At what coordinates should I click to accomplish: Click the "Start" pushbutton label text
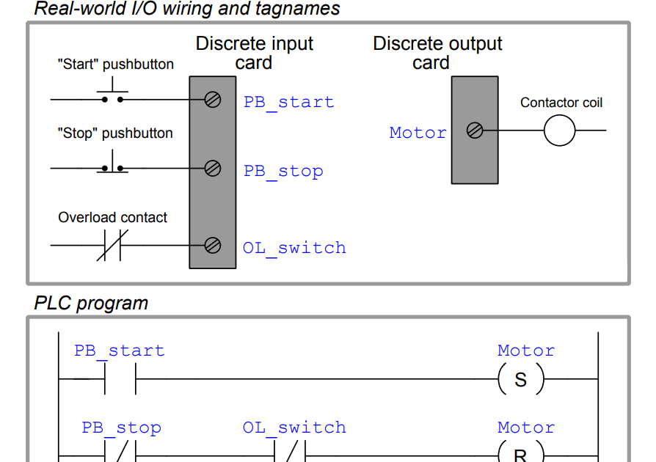point(115,65)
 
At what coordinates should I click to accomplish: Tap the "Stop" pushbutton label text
point(115,133)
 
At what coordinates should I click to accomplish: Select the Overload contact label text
point(112,218)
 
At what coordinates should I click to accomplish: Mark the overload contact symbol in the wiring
point(112,245)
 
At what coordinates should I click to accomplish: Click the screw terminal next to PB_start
point(213,99)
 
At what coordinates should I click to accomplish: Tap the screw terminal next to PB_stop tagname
point(213,169)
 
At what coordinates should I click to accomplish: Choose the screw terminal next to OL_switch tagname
point(213,245)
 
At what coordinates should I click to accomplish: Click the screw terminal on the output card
point(475,131)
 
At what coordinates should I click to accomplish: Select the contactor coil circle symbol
point(559,131)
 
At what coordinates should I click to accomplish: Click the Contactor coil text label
point(561,103)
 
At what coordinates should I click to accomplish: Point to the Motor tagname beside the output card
point(418,133)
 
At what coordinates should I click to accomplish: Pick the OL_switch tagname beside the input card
point(294,248)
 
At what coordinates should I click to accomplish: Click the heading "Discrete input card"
point(254,54)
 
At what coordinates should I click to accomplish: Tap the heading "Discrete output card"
point(437,54)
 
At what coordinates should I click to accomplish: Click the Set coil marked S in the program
point(520,380)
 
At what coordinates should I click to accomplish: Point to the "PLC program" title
point(91,304)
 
